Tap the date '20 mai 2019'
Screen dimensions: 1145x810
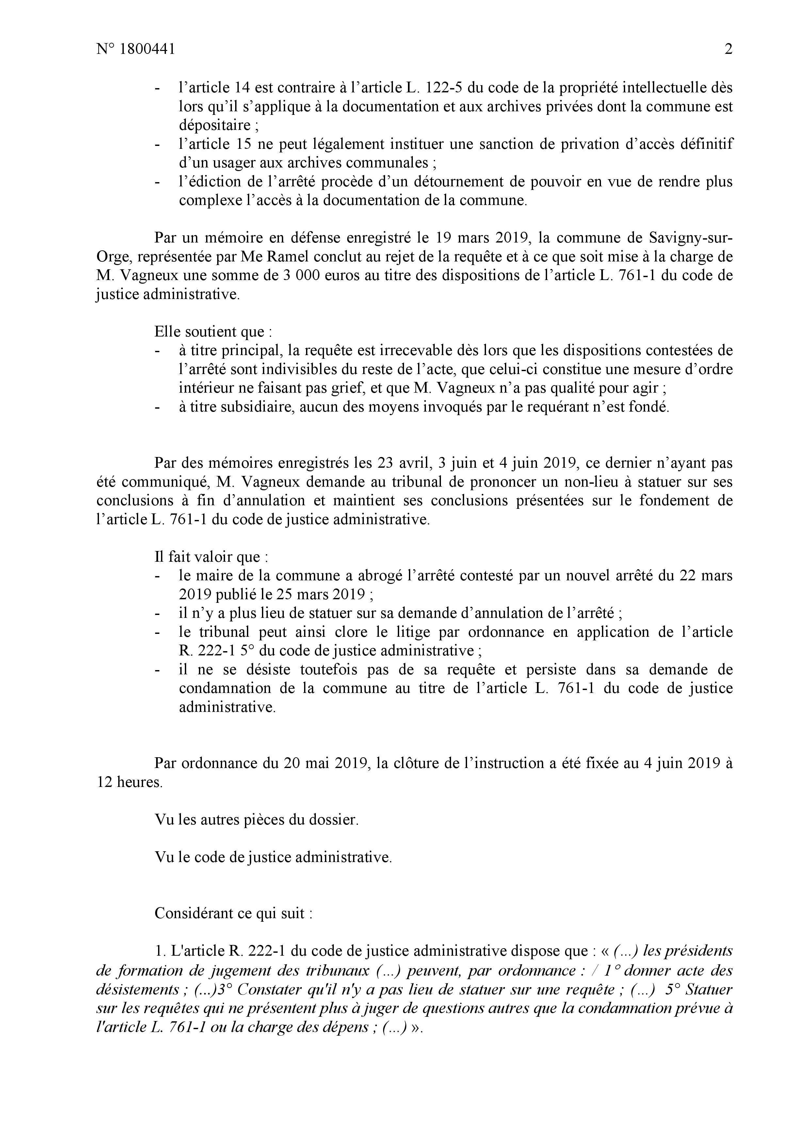(x=327, y=763)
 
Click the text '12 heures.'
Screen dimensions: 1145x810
(x=129, y=782)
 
